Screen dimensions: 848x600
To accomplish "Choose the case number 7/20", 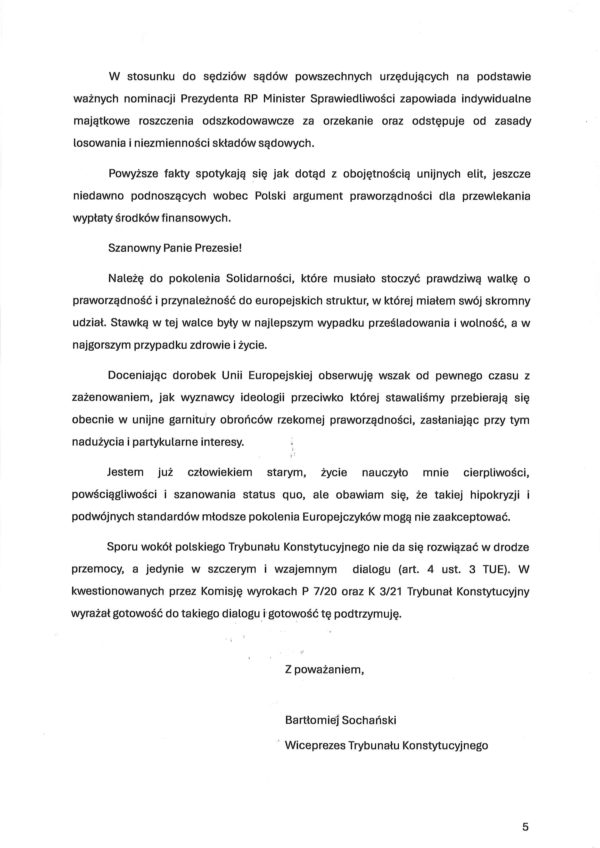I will [x=325, y=592].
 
